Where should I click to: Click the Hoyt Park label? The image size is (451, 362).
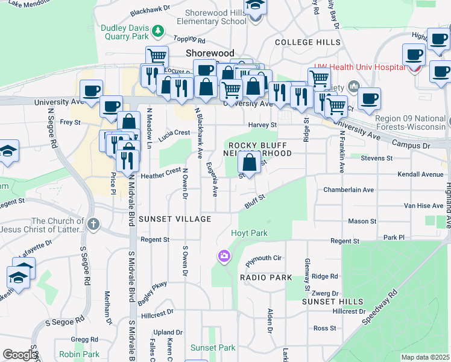tap(249, 233)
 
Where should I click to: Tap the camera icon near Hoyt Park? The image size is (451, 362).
tap(224, 257)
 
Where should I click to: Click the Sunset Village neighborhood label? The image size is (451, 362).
tap(175, 219)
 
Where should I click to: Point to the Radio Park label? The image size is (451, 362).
tap(266, 278)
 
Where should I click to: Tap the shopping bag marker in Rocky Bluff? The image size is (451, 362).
tap(250, 163)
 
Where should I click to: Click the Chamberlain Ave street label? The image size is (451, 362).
tap(348, 189)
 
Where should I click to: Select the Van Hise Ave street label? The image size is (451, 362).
tap(423, 205)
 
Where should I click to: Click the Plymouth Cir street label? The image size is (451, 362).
tap(263, 258)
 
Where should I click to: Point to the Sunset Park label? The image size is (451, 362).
tap(213, 348)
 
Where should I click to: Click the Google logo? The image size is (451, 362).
tap(20, 355)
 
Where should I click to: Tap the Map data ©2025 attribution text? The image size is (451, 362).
tap(425, 357)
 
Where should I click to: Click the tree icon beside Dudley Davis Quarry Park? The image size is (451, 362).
tap(158, 30)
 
